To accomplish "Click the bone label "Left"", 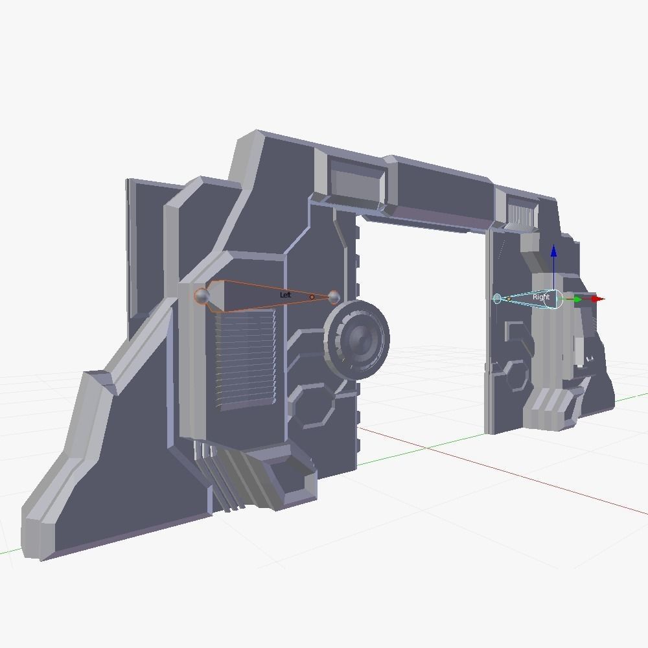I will click(x=285, y=295).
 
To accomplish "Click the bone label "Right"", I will click(x=540, y=297).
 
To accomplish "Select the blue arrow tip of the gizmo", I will click(x=553, y=251).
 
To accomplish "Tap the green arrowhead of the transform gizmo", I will click(x=577, y=299).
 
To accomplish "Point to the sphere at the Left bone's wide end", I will click(x=202, y=296).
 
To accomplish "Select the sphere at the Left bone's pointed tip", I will click(x=334, y=297).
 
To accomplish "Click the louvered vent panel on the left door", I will click(x=244, y=360).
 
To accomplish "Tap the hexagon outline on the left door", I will click(x=313, y=406).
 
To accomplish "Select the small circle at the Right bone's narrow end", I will click(x=497, y=299).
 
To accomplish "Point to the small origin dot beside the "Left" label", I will click(x=312, y=297).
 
